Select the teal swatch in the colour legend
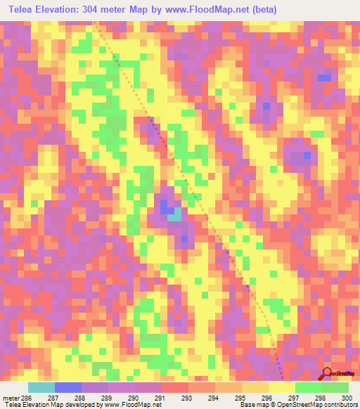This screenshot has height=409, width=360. pos(41,387)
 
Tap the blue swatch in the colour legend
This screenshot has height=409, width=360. pos(67,387)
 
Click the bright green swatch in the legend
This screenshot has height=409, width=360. pos(308,387)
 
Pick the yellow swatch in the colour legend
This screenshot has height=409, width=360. pos(281,387)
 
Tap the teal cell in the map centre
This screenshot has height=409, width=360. pos(173,216)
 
